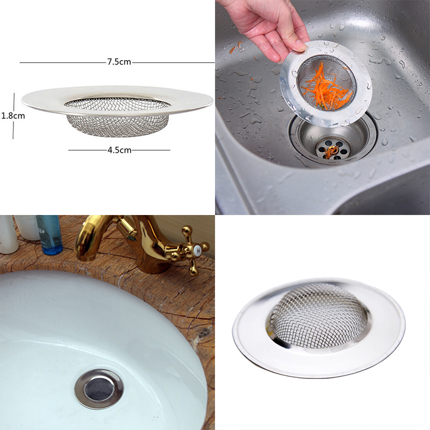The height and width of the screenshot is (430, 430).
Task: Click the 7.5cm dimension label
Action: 119,62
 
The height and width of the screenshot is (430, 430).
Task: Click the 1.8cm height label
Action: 13,116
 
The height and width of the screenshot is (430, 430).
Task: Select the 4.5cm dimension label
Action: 119,150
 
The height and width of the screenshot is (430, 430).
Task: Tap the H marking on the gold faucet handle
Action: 197,250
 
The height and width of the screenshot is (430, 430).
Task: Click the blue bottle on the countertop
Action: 50,235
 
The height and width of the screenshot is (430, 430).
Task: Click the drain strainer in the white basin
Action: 99,388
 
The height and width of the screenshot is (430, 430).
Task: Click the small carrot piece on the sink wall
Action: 232,49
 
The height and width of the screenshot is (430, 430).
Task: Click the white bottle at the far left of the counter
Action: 8,235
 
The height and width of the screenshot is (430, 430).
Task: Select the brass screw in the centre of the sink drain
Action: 332,151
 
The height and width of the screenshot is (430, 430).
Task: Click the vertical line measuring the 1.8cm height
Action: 13,116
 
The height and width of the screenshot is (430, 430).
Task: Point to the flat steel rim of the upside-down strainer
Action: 319,328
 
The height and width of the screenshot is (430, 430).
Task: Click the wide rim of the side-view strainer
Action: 117,101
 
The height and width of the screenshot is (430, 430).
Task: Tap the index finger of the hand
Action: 271,48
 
